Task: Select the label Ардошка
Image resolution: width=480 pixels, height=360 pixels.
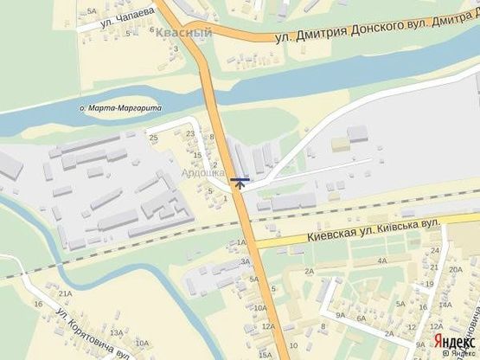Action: pyautogui.click(x=202, y=173)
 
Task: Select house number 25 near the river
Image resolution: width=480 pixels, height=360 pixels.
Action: pyautogui.click(x=153, y=138)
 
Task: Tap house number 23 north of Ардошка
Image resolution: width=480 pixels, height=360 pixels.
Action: pyautogui.click(x=191, y=132)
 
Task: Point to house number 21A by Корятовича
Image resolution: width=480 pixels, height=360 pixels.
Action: pyautogui.click(x=65, y=294)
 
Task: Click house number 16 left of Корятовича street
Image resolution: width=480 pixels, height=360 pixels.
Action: pyautogui.click(x=38, y=305)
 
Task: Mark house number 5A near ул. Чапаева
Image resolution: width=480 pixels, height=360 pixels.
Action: pyautogui.click(x=93, y=10)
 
